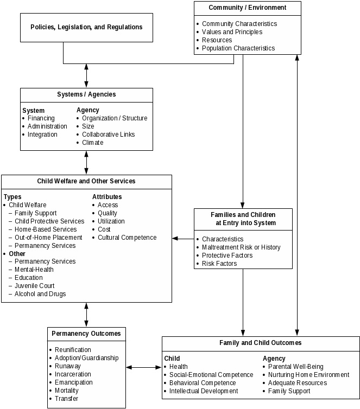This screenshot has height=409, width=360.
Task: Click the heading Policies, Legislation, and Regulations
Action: coord(86,27)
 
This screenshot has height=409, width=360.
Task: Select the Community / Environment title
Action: coord(247,8)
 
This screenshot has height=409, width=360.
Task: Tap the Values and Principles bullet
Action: coord(232,32)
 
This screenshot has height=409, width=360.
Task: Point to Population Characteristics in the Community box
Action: coord(238,48)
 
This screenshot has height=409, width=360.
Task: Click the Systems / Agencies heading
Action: coord(86,94)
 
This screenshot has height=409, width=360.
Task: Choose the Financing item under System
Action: coord(41,118)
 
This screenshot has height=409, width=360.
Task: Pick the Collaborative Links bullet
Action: coord(108,135)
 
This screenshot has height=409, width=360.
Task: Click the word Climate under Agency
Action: coord(92,143)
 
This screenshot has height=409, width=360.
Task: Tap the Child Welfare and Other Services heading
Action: coord(86,181)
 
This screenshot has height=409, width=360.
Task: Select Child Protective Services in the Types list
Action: coord(49,221)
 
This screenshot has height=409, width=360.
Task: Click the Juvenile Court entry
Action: coord(35,286)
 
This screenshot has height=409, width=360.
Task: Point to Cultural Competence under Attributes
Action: coord(127,238)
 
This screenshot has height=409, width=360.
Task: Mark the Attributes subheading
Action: coord(107,197)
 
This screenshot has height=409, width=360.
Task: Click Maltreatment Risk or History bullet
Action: coord(241,247)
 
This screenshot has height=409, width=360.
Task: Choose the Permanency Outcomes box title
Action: coord(86,334)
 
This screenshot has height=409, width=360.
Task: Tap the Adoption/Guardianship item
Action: coord(86,358)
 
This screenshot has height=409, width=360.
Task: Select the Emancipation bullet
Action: coord(74,382)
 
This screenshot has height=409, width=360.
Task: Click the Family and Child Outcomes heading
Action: coord(260,343)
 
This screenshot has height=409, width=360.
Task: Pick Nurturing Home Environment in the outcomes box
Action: coord(308,375)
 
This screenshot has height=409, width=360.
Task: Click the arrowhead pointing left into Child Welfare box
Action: coord(175,239)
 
